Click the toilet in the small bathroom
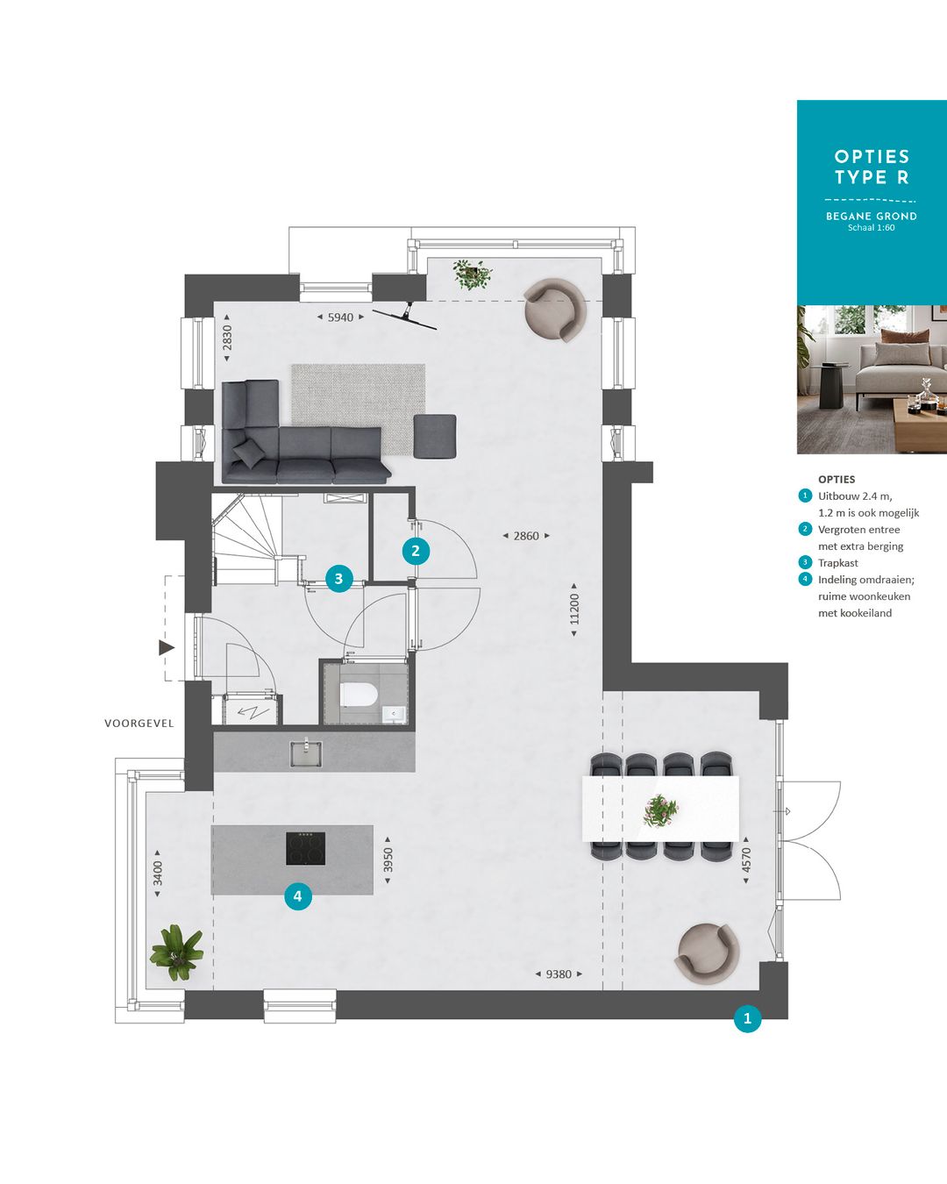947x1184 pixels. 359,695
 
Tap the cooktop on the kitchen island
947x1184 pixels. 305,848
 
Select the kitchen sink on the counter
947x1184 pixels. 306,753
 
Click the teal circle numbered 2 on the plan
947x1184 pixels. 416,551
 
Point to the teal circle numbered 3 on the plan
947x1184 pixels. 338,579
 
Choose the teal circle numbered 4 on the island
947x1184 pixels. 298,895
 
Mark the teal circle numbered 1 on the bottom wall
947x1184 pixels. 747,1018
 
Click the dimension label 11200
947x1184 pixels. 574,609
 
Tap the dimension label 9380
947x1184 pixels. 559,974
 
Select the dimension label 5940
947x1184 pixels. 340,317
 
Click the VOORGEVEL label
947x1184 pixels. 139,724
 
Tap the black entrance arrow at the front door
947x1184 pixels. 166,647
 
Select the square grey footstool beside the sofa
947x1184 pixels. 435,436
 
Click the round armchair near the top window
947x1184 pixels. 554,310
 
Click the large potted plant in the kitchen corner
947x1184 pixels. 177,952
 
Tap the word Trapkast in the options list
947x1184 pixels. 837,563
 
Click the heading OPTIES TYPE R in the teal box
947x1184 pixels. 872,167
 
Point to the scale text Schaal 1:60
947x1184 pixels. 871,228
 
